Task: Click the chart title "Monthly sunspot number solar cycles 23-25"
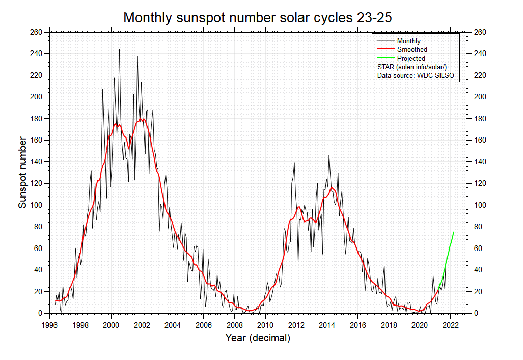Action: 258,18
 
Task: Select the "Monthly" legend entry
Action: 408,41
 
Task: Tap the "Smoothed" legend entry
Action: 411,49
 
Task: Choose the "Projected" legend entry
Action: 410,59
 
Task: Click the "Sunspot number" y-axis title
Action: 22,172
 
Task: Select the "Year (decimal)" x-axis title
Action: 258,338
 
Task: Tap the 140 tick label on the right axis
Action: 480,161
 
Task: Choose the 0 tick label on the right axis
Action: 476,313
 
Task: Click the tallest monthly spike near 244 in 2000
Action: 120,49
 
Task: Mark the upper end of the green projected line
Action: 453,232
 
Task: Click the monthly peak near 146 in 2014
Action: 329,155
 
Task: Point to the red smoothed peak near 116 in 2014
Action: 332,187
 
